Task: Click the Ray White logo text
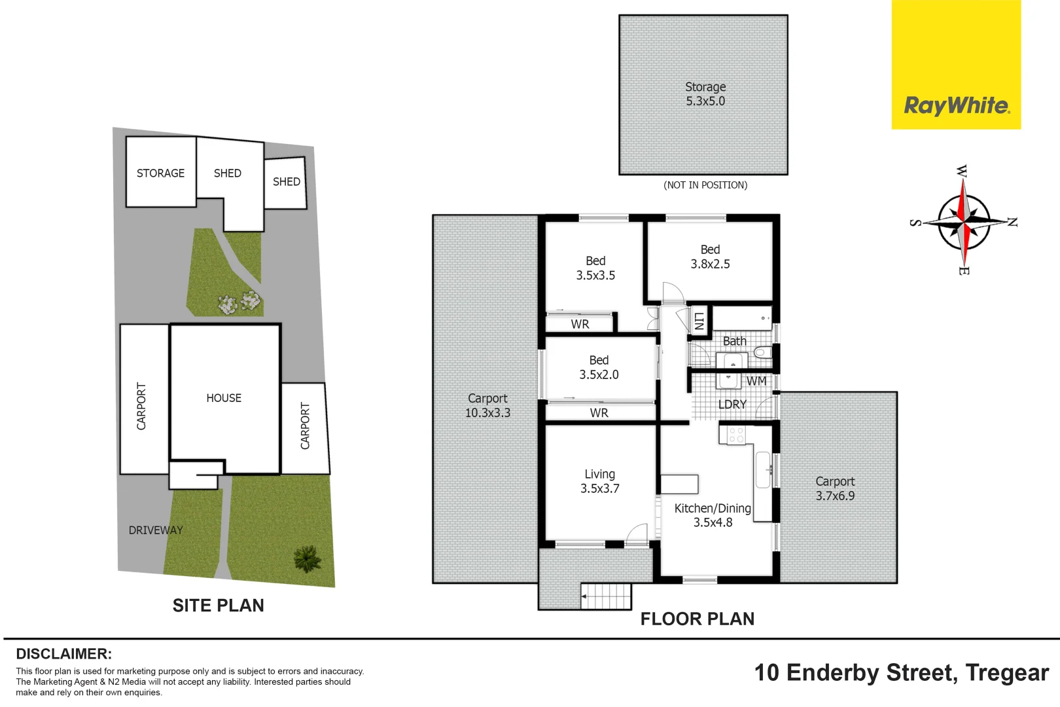point(956,105)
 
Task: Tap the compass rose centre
point(964,223)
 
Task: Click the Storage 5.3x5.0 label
point(705,94)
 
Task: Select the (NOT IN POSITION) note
point(705,185)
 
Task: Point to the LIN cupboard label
point(699,321)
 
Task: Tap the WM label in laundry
point(756,381)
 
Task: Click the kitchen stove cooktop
point(735,435)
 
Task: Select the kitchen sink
point(763,470)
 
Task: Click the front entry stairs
point(607,596)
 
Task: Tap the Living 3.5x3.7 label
point(599,481)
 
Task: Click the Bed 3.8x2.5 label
point(710,257)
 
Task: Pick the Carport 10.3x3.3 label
point(487,405)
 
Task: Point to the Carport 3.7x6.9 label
point(835,488)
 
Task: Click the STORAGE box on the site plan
point(160,173)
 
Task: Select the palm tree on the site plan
point(307,558)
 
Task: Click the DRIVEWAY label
point(156,530)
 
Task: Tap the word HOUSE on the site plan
point(224,398)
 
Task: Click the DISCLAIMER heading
point(63,653)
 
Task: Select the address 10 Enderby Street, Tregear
point(901,673)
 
